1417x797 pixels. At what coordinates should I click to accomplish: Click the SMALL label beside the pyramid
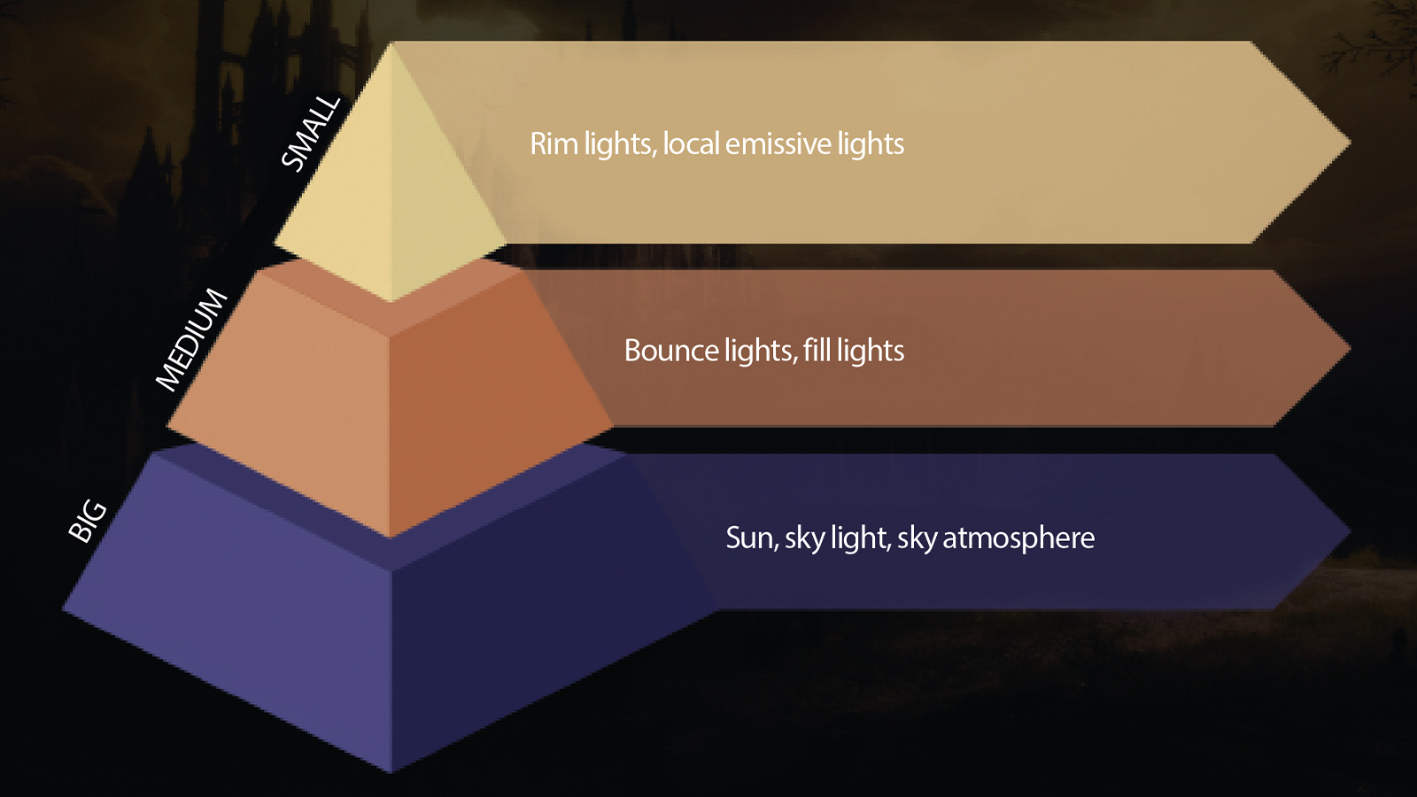(311, 132)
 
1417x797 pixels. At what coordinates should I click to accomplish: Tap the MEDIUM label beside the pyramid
(192, 339)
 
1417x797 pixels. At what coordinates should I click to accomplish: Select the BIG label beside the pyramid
(88, 521)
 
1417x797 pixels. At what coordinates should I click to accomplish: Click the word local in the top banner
(691, 143)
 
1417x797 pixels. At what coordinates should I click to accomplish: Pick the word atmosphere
(1018, 538)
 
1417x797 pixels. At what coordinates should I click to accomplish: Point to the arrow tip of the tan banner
(1348, 143)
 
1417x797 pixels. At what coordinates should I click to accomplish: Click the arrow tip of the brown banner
(1348, 350)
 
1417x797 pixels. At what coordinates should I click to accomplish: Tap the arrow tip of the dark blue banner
(1348, 532)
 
